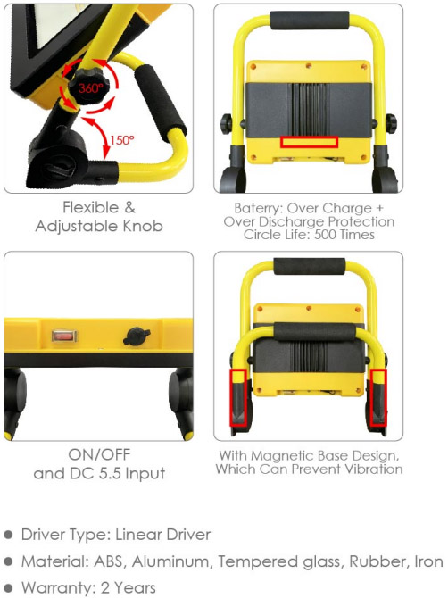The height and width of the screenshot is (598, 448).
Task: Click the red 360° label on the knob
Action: coord(91,88)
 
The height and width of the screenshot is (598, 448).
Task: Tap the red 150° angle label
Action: coord(122,140)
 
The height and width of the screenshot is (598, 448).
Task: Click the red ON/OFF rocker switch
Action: coord(64,336)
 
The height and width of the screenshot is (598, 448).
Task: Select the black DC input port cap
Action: coord(137,336)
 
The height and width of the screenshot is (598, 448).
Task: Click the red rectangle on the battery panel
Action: coord(309,142)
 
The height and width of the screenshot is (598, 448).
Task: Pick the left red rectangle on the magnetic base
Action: coord(238,397)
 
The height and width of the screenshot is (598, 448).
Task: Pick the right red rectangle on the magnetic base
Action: coord(378,397)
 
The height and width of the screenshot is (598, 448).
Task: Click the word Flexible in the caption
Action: coord(91,207)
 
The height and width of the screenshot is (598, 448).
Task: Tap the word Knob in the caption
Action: coord(143,226)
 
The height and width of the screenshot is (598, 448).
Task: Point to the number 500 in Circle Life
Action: coord(325,234)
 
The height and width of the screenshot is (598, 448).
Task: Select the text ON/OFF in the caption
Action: coord(100,454)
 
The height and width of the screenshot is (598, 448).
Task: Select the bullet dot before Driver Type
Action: coord(8,535)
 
